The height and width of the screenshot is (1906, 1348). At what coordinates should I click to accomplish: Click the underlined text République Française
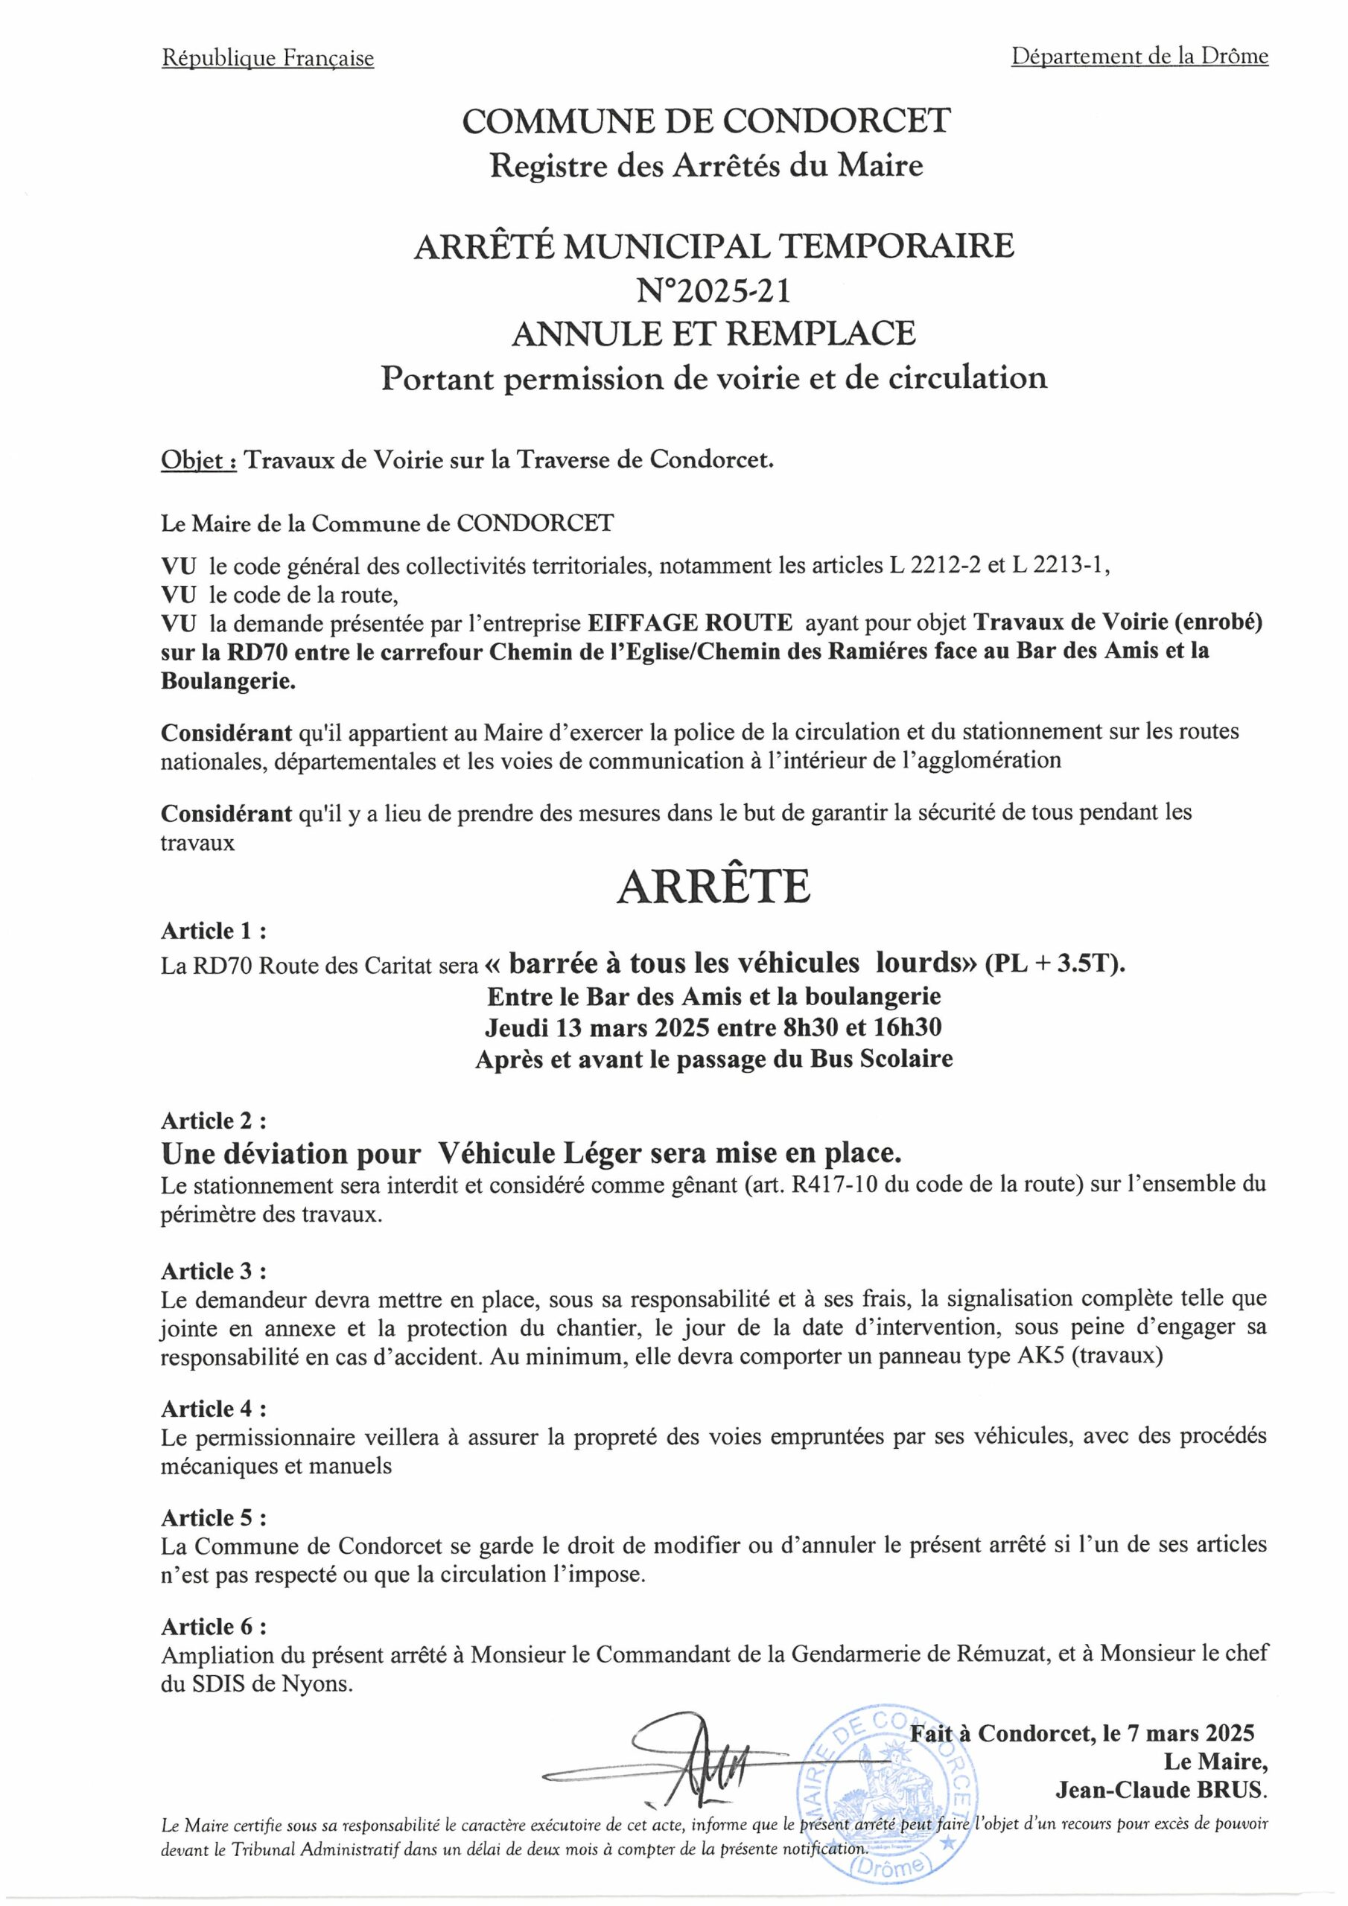[267, 58]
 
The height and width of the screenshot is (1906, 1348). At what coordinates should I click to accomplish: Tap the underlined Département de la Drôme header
[1139, 57]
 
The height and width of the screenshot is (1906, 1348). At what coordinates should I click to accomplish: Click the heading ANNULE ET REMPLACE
[713, 333]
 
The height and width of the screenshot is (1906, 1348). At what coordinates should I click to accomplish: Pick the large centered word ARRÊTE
[713, 887]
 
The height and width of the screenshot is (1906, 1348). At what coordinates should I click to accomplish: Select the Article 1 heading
[214, 931]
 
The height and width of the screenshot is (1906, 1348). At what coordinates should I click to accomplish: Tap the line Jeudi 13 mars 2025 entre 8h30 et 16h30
[713, 1027]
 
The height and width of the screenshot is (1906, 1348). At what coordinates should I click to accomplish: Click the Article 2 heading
[214, 1121]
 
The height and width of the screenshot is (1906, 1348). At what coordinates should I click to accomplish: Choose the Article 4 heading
[214, 1409]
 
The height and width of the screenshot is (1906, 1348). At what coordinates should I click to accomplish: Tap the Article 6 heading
[214, 1625]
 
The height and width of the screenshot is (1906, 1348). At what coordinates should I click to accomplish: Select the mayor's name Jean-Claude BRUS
[1160, 1791]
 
